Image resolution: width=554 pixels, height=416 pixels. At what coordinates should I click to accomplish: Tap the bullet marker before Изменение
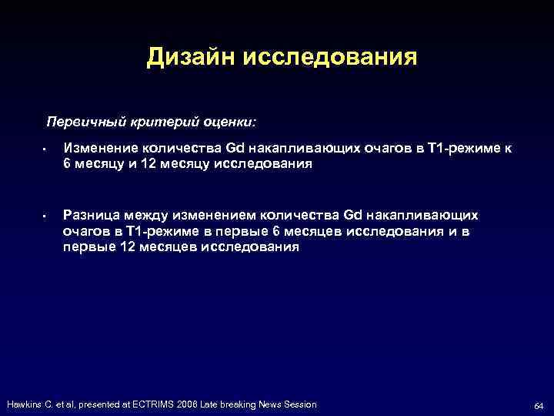pos(46,149)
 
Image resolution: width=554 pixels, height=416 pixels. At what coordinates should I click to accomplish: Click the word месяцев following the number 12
pos(165,247)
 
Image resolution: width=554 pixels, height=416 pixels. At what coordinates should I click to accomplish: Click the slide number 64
pos(539,405)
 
